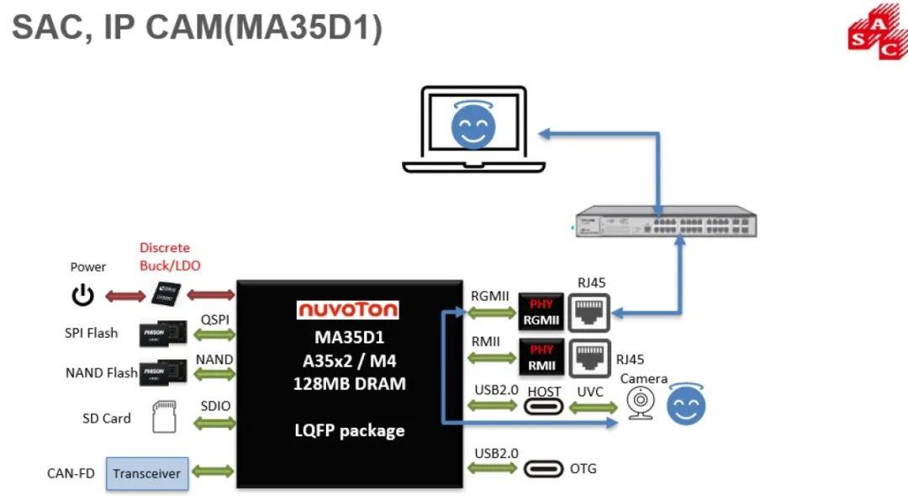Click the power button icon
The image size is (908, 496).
click(x=82, y=295)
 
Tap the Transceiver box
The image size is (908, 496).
click(x=147, y=473)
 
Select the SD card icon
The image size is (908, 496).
click(x=165, y=417)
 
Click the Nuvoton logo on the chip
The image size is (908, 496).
click(x=348, y=309)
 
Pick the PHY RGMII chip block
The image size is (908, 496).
click(x=541, y=313)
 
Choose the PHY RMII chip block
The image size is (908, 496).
click(x=541, y=358)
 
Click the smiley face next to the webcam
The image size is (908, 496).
click(x=686, y=406)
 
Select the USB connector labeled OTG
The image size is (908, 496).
click(x=543, y=469)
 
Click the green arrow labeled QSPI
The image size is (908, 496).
click(x=214, y=335)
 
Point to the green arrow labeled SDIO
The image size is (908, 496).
click(x=214, y=423)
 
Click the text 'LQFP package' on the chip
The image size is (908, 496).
click(x=349, y=430)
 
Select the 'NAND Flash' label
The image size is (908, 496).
click(x=101, y=372)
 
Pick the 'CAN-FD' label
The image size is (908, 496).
click(x=71, y=473)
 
